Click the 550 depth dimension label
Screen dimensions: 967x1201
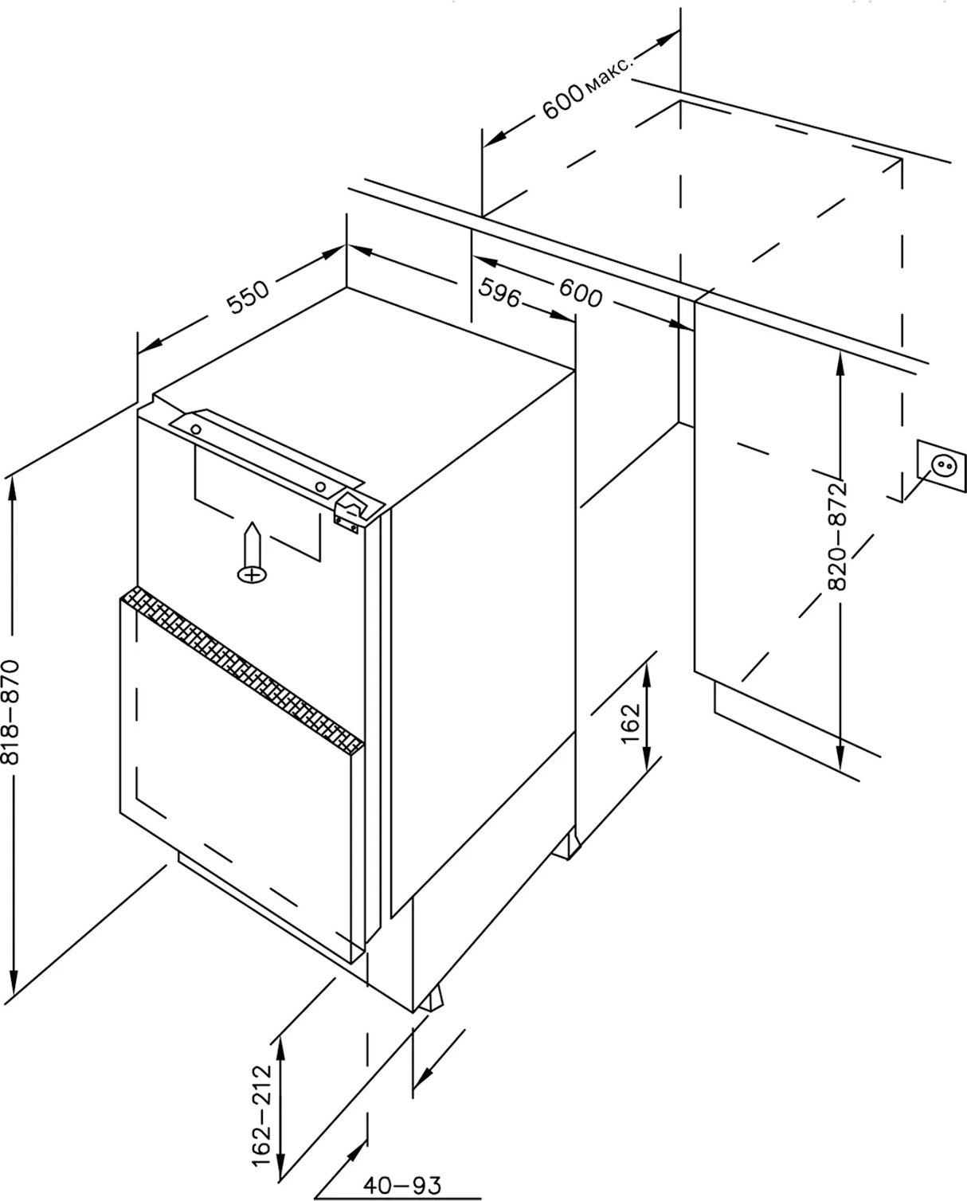click(248, 296)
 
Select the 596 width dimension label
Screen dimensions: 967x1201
click(499, 291)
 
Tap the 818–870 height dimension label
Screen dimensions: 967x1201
click(10, 712)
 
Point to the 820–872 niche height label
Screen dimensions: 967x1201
click(837, 536)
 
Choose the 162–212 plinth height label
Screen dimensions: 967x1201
click(261, 1116)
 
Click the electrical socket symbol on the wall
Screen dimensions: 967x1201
click(942, 466)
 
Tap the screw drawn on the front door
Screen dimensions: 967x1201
click(253, 553)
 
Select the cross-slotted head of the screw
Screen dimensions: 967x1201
click(253, 575)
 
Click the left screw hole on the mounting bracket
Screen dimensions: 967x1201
click(196, 430)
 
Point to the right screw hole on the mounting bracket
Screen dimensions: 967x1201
click(320, 487)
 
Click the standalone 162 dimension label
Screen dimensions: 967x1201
click(630, 725)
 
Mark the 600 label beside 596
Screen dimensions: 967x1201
click(581, 293)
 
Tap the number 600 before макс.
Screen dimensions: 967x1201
click(564, 102)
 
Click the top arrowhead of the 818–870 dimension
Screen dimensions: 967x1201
click(13, 490)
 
